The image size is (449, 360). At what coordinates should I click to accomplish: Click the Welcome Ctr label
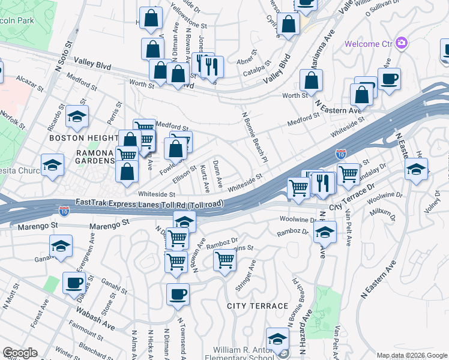[x=370, y=44]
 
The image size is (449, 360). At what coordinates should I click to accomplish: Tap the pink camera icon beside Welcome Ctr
[x=402, y=43]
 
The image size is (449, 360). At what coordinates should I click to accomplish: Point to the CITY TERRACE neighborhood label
[x=258, y=306]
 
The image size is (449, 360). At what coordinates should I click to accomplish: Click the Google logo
[x=20, y=353]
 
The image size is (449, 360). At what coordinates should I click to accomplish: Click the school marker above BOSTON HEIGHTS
[x=77, y=117]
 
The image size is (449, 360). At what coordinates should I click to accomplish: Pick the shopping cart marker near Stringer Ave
[x=224, y=260]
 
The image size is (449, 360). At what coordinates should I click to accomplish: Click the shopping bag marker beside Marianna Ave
[x=311, y=80]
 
